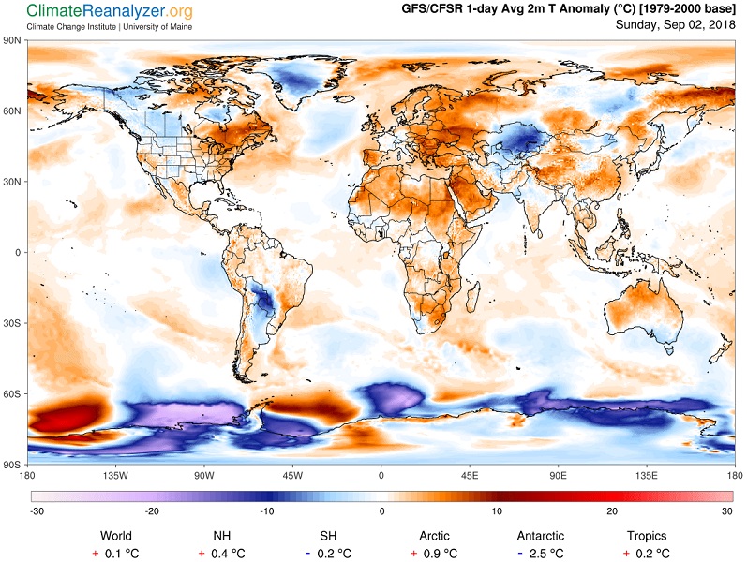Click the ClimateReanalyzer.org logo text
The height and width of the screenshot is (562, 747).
[110, 11]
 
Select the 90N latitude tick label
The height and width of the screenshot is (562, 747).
[13, 40]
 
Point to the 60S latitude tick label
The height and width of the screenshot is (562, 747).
[13, 393]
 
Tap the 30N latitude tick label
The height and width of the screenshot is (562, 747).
[13, 181]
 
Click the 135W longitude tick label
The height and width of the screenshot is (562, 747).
[115, 475]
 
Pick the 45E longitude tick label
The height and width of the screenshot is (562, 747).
[470, 475]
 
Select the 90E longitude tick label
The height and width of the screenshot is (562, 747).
[558, 475]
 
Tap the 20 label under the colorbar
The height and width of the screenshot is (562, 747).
[612, 511]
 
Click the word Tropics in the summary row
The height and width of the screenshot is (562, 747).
[647, 536]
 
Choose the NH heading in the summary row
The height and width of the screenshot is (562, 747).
[221, 536]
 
